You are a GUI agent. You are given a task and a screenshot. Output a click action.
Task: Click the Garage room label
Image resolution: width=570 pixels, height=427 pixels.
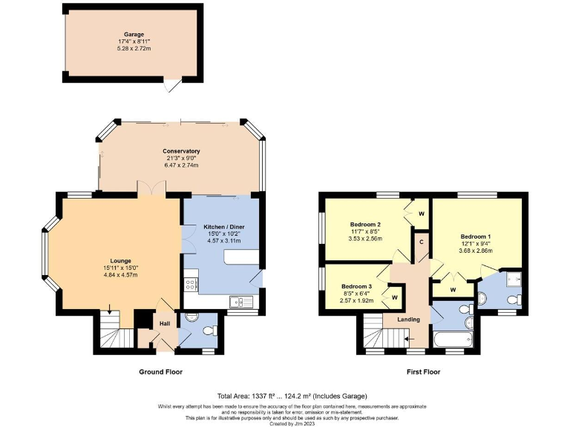[x=134, y=34]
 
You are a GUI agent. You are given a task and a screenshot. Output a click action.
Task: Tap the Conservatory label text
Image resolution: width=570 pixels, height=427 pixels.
[x=182, y=151]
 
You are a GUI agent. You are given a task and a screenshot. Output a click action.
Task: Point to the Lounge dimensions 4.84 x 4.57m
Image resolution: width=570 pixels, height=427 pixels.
[x=121, y=275]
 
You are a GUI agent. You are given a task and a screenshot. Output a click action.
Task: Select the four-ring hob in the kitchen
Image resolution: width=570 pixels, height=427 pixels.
[x=190, y=283]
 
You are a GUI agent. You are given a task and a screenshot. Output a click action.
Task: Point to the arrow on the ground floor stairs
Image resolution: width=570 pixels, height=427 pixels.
[x=111, y=309]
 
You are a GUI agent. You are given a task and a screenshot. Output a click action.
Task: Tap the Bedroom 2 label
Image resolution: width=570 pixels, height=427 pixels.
[x=365, y=225]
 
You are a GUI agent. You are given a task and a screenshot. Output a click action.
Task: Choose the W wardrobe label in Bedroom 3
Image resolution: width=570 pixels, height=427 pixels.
[x=394, y=298]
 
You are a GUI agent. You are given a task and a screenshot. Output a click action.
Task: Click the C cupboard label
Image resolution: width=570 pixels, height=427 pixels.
[x=422, y=242]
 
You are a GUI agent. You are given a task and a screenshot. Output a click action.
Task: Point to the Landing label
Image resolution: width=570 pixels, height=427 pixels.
[x=408, y=320]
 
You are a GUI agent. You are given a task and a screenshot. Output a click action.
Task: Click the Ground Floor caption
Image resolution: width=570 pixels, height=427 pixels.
[x=160, y=371]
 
